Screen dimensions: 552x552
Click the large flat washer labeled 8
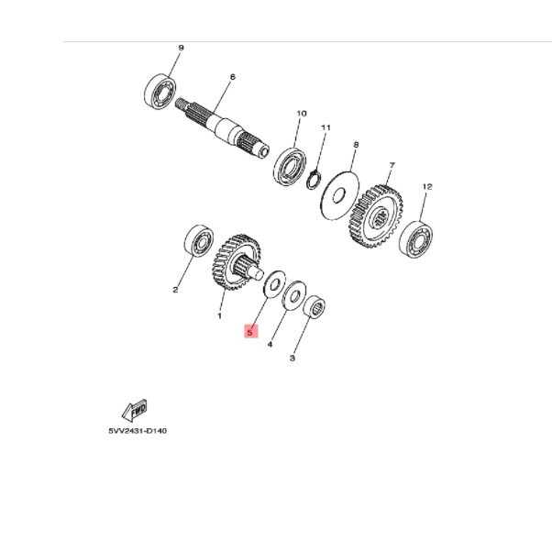pos(340,193)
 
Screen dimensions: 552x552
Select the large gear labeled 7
pos(376,217)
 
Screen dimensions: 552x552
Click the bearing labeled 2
pos(197,242)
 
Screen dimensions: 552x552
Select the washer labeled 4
pos(294,297)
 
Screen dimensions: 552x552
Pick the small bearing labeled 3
pos(316,305)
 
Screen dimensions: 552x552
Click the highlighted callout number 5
pos(250,332)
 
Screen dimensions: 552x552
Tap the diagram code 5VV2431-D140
pos(138,431)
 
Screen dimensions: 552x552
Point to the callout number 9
pos(182,47)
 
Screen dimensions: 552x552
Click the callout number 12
pos(426,186)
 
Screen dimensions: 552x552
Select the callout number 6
pos(233,77)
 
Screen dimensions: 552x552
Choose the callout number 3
pos(292,359)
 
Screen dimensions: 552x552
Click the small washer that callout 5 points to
pos(272,283)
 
